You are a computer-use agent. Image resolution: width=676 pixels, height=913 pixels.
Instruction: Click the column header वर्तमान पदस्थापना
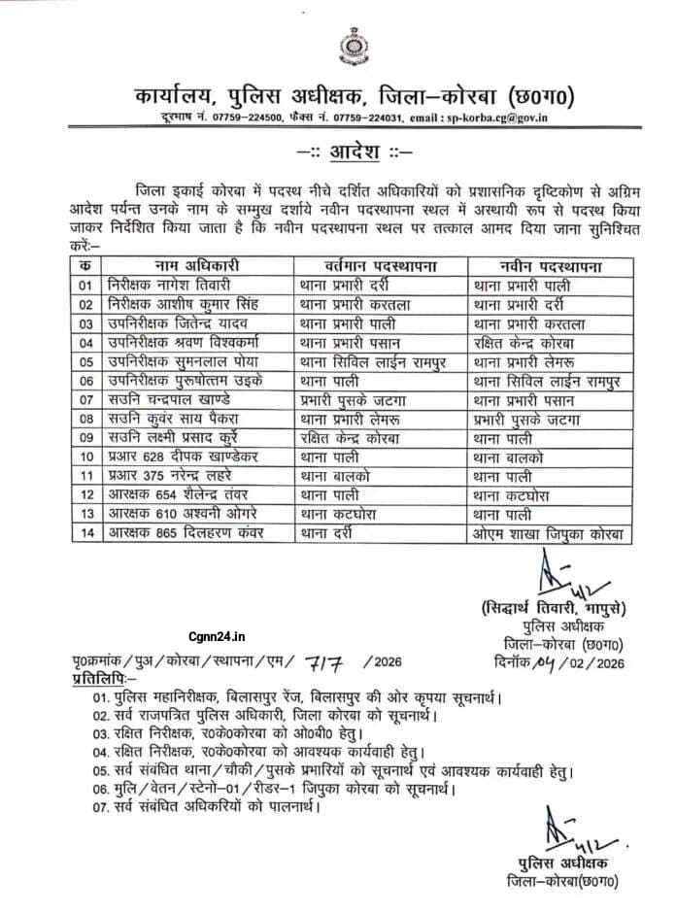pyautogui.click(x=382, y=264)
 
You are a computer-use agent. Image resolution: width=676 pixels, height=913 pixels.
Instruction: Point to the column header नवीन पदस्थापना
pyautogui.click(x=549, y=264)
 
